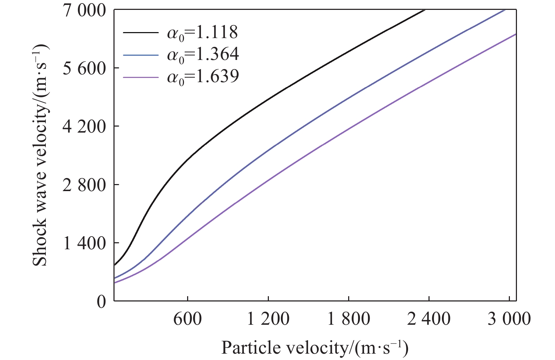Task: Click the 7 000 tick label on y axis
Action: click(84, 11)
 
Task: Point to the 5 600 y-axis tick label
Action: click(84, 69)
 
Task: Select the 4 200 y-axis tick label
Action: click(84, 127)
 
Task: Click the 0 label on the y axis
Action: click(101, 302)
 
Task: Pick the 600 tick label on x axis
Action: click(187, 319)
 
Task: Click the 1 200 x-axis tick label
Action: click(268, 319)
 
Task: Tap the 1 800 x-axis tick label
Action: click(349, 319)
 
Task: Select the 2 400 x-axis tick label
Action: click(429, 319)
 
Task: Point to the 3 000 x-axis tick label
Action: click(509, 319)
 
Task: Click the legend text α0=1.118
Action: click(203, 33)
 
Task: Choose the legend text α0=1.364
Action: click(203, 55)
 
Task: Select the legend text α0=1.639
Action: click(203, 77)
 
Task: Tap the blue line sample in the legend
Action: click(141, 55)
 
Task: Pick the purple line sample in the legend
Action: click(141, 77)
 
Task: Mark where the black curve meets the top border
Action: click(424, 10)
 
